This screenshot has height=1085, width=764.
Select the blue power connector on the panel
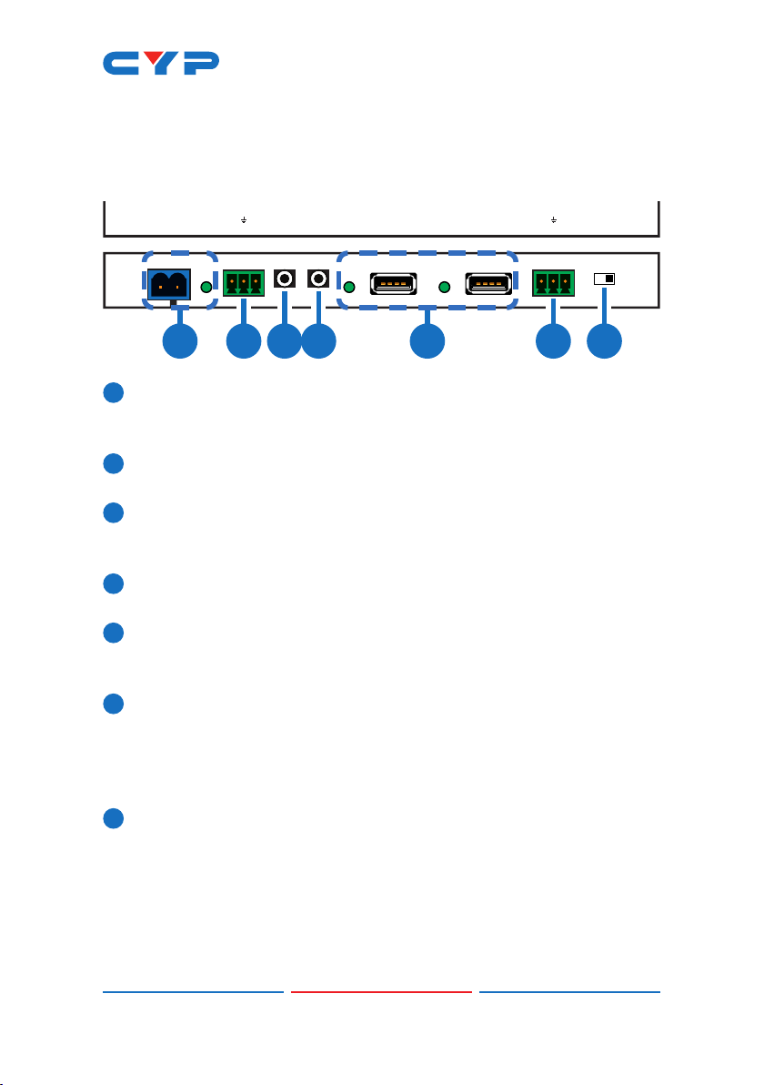166,284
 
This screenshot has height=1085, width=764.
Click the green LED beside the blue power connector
206,287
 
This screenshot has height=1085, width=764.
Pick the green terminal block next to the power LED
244,282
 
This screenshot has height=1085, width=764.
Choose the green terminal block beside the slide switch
553,282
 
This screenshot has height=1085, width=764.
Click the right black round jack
319,279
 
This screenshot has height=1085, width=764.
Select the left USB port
394,284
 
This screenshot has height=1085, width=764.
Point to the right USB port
488,284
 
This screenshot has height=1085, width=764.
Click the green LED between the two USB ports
444,288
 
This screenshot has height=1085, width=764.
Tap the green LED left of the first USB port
348,288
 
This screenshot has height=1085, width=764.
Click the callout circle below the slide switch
604,343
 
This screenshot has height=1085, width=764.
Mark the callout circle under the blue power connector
180,343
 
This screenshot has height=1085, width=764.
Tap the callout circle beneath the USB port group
427,343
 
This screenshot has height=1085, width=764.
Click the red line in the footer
381,991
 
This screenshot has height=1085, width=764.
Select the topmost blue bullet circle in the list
113,392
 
